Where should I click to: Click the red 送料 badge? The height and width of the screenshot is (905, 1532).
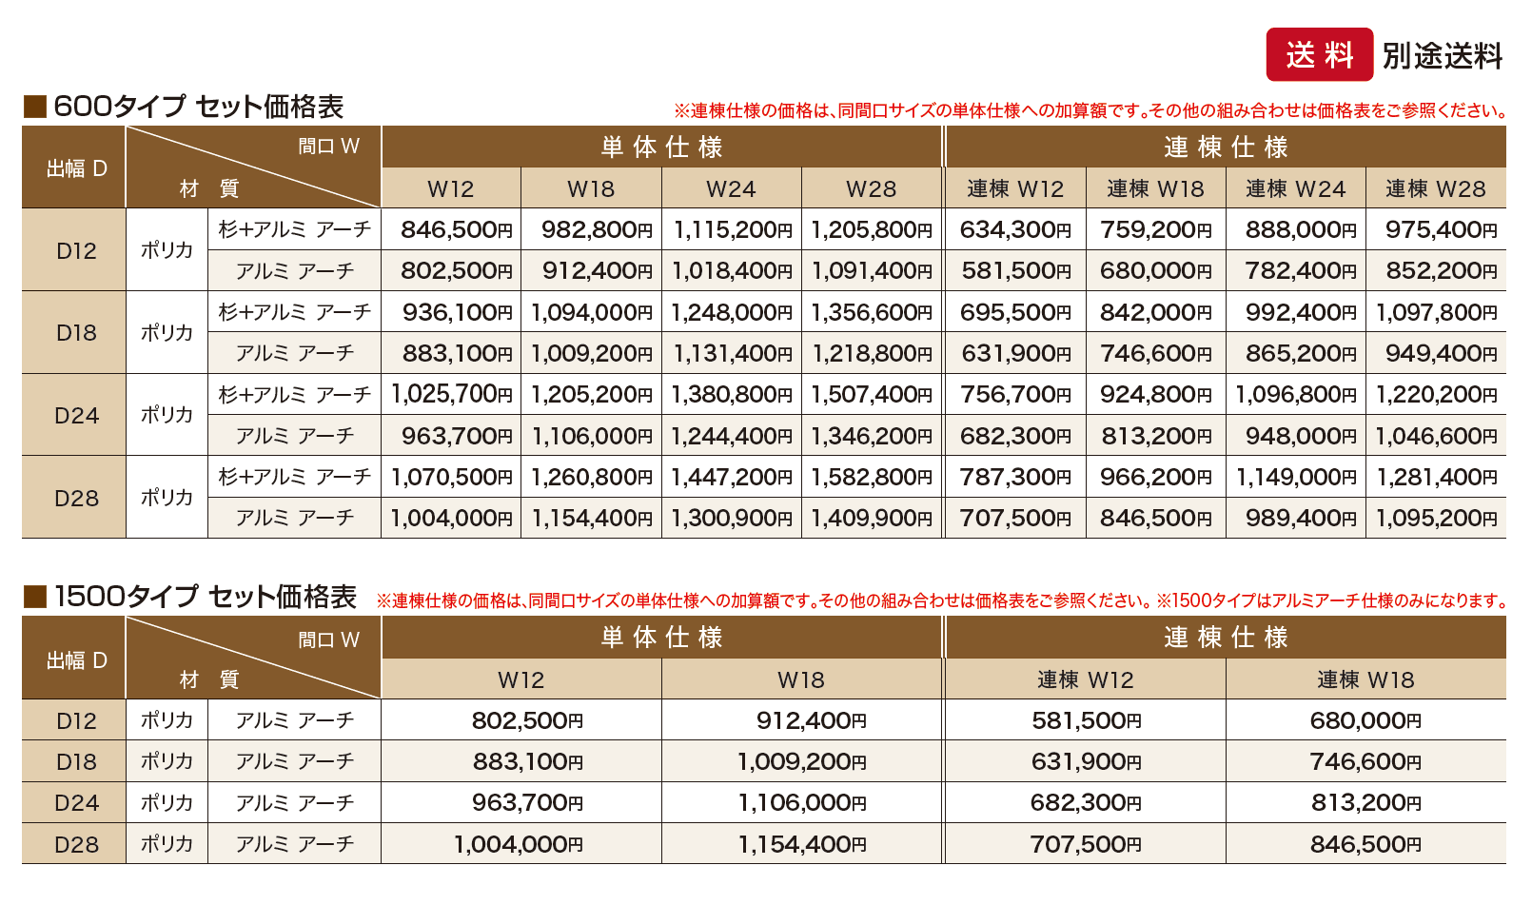1319,55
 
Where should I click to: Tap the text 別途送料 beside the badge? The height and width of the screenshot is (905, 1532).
1442,56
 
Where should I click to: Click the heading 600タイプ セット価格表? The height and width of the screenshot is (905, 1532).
198,107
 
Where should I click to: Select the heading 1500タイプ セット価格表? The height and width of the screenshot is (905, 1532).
205,597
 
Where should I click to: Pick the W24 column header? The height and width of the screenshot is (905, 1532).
731,189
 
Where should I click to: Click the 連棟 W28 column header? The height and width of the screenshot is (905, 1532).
1435,189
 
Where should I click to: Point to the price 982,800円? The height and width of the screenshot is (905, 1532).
597,230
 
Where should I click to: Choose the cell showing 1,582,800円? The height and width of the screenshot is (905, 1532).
871,477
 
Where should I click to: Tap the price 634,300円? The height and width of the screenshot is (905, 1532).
1014,230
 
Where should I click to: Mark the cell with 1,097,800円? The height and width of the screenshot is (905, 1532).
1436,312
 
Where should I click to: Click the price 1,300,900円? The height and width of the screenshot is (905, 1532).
731,519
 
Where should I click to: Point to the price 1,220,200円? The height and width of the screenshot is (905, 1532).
1436,395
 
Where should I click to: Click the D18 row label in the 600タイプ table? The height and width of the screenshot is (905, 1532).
75,333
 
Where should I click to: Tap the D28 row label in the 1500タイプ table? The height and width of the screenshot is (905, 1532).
75,844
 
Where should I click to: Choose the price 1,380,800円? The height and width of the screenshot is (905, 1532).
731,395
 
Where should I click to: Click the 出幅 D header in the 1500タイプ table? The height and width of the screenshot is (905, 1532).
76,659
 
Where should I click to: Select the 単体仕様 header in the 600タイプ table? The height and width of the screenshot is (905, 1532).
661,148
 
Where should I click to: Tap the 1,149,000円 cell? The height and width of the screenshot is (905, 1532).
1295,477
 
